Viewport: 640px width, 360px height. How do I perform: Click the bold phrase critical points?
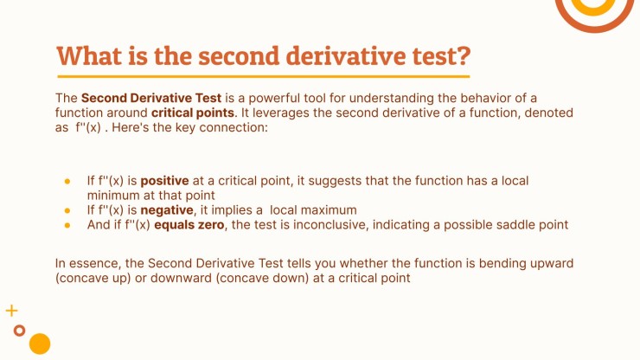click(x=192, y=112)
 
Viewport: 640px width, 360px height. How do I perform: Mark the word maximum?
click(x=325, y=210)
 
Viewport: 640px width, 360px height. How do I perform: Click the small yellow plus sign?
click(x=11, y=310)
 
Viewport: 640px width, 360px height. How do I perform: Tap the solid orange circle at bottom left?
click(x=40, y=344)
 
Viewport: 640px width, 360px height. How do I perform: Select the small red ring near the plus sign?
click(x=19, y=330)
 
